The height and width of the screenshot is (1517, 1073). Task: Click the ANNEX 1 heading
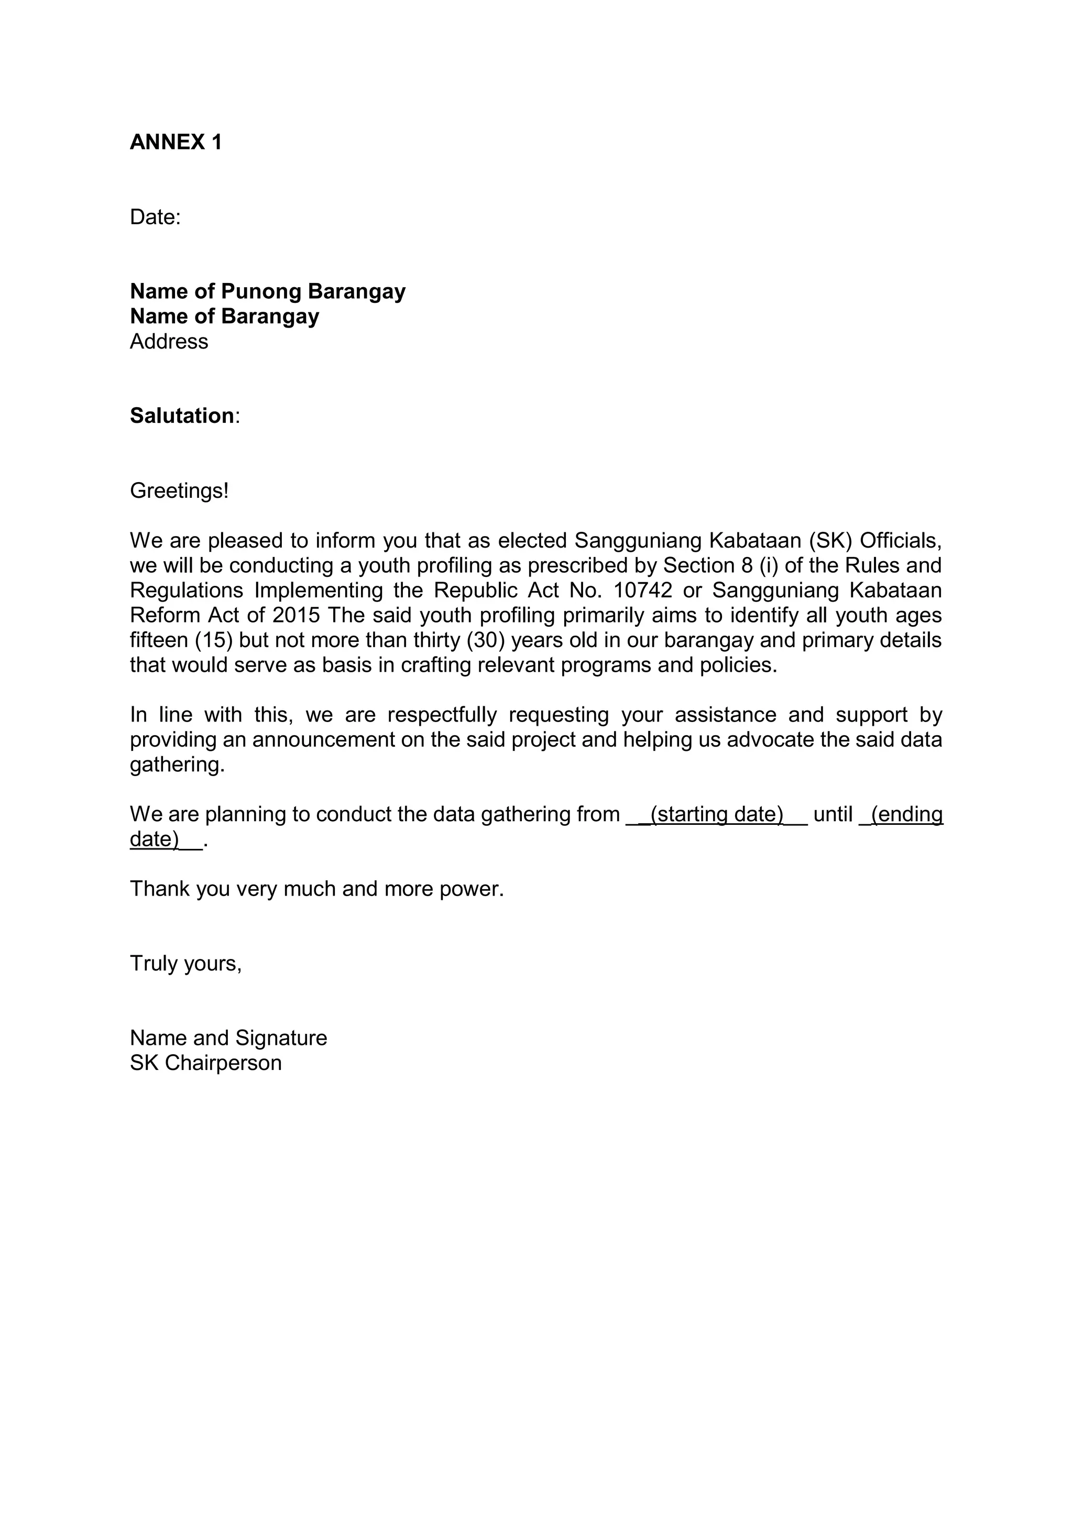pyautogui.click(x=176, y=142)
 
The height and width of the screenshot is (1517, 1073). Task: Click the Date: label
pyautogui.click(x=155, y=217)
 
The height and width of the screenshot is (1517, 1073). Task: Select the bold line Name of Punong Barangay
pyautogui.click(x=268, y=291)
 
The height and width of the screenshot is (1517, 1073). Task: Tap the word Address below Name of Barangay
pyautogui.click(x=169, y=342)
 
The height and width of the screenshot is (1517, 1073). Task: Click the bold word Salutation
pyautogui.click(x=182, y=416)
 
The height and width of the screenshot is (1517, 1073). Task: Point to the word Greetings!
pyautogui.click(x=179, y=491)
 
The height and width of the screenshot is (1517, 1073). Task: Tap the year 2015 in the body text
pyautogui.click(x=296, y=615)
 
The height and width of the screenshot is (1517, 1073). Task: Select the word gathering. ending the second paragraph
pyautogui.click(x=177, y=765)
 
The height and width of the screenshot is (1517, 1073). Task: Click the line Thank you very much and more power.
pyautogui.click(x=316, y=889)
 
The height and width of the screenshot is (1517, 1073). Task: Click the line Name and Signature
pyautogui.click(x=228, y=1038)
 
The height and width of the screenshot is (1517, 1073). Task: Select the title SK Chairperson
pyautogui.click(x=205, y=1063)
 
